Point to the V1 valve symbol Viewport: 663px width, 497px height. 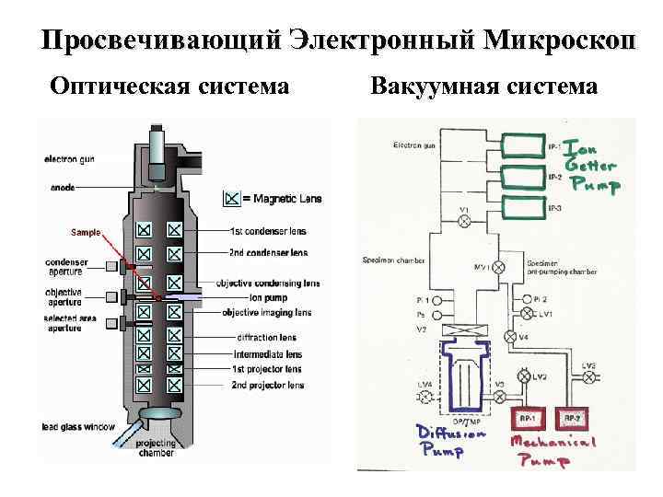point(464,222)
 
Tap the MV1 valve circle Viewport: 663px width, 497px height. point(498,268)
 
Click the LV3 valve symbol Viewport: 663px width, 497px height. point(588,376)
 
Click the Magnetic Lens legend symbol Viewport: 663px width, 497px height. point(232,197)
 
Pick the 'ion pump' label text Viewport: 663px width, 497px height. point(268,298)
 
